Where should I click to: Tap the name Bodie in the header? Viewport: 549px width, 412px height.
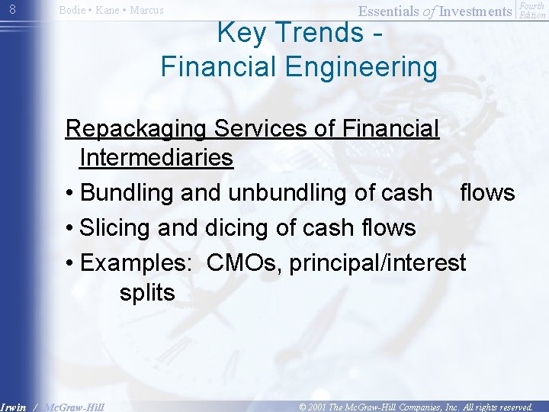[73, 11]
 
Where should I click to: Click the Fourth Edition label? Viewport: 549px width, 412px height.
[531, 11]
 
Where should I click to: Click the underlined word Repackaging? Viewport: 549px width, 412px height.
[135, 129]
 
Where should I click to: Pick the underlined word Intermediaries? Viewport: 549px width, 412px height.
[156, 158]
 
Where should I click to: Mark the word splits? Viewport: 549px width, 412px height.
[147, 292]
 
